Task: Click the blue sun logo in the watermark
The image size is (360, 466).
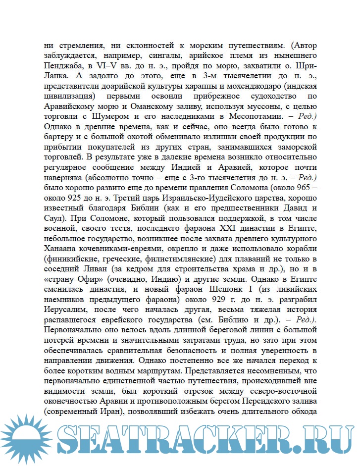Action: click(27, 442)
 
